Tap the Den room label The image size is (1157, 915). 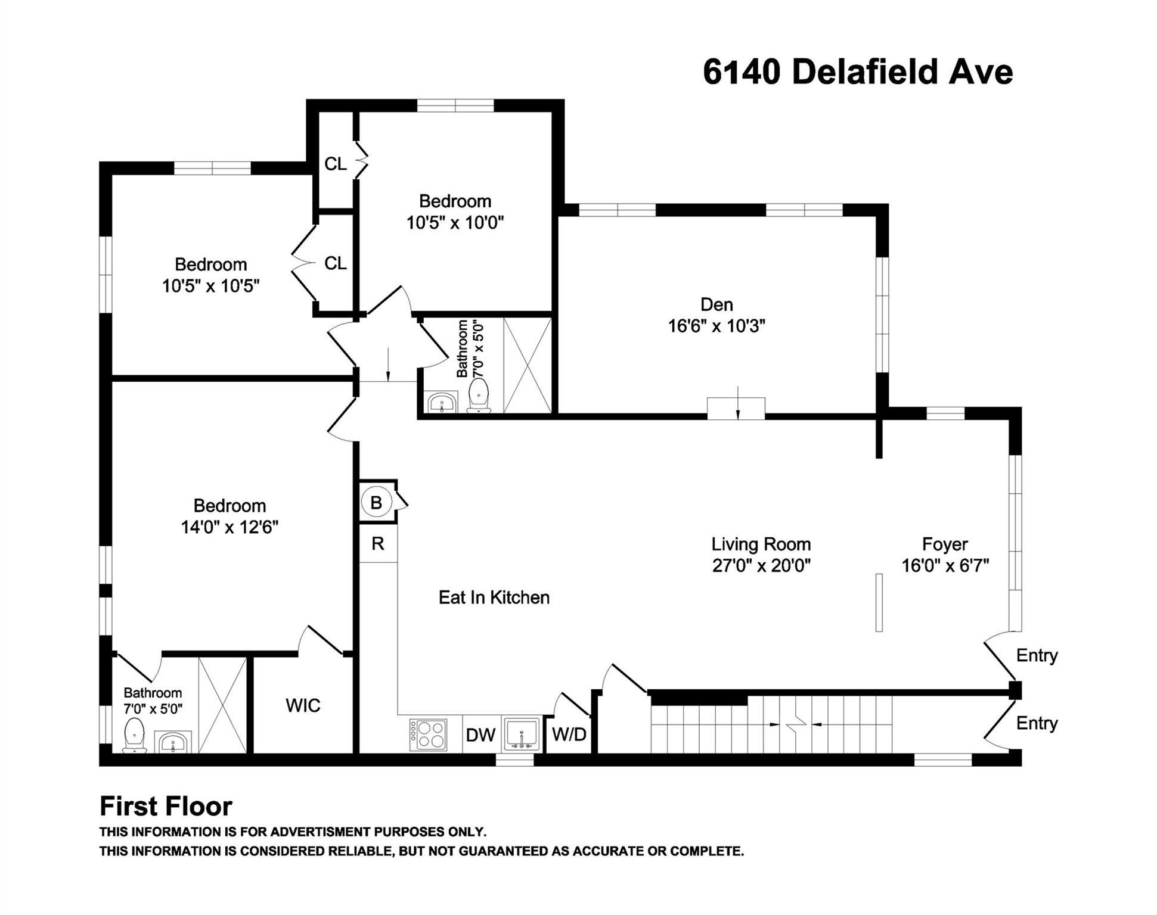tap(716, 304)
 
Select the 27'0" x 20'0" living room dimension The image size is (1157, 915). tap(761, 565)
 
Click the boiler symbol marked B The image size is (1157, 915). tap(376, 503)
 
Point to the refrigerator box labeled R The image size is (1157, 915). tap(378, 543)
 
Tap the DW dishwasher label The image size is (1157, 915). tap(480, 735)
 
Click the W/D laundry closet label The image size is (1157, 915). tap(569, 735)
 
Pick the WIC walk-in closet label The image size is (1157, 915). tap(303, 706)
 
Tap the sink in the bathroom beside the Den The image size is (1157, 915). tap(442, 403)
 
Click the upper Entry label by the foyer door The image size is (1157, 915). tap(1037, 655)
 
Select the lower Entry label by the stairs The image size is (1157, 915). tap(1037, 723)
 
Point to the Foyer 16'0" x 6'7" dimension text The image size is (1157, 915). tap(945, 565)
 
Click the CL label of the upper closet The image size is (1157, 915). tap(335, 164)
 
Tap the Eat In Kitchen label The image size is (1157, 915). tap(494, 597)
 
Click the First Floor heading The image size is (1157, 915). tap(166, 807)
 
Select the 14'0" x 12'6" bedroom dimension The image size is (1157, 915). tap(229, 527)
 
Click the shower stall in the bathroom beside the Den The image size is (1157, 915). tap(527, 365)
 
